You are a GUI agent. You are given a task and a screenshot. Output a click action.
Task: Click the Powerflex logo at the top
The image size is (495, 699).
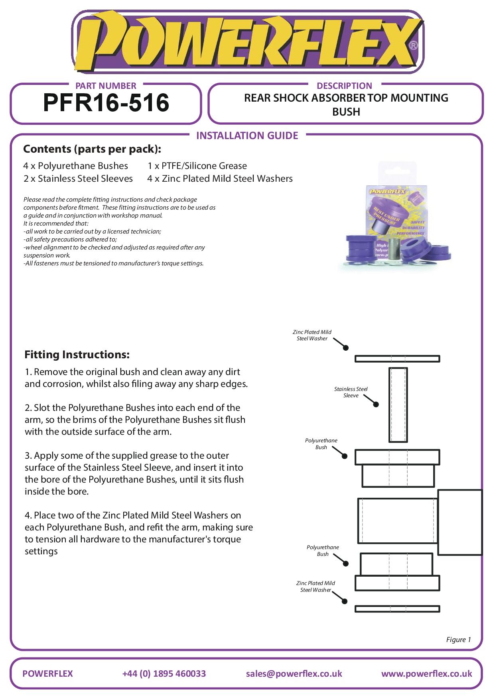point(247,42)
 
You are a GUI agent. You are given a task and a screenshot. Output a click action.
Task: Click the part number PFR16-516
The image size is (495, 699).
point(106,103)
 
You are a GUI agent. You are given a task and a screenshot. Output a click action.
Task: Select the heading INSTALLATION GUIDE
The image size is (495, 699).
point(247,136)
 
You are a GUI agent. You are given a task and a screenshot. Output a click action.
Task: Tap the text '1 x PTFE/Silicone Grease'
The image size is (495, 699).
point(197,166)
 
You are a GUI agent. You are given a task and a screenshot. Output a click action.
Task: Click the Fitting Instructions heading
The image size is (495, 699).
point(77,355)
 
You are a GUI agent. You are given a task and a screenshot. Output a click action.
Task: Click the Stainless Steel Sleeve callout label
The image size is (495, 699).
point(351,392)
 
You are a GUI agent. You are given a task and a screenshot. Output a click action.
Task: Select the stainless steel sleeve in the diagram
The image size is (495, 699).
point(398,404)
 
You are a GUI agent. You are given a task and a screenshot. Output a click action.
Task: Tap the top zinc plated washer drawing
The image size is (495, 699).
point(397,359)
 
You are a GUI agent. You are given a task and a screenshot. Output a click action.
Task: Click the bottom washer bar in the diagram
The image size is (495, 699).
point(397,609)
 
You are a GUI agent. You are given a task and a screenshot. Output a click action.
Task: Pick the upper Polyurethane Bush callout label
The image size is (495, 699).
point(321,444)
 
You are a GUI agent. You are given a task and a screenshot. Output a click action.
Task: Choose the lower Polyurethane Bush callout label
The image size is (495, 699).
point(323,550)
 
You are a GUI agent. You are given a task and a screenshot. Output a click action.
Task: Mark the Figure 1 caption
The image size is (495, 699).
point(458,640)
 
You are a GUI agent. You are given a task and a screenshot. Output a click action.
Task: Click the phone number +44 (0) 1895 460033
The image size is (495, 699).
point(164,673)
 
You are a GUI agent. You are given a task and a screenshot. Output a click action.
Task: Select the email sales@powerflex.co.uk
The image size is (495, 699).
point(294,673)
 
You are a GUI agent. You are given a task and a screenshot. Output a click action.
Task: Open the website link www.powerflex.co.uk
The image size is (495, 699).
point(426,673)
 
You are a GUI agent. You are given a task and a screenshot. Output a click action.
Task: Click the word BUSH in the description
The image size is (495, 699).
point(346,112)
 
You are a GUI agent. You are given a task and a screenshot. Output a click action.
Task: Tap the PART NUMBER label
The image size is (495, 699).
point(106,86)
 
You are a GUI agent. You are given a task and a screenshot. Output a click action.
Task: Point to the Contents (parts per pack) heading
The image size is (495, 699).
point(92,149)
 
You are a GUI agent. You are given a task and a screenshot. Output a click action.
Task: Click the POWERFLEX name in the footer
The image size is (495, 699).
point(47,673)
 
